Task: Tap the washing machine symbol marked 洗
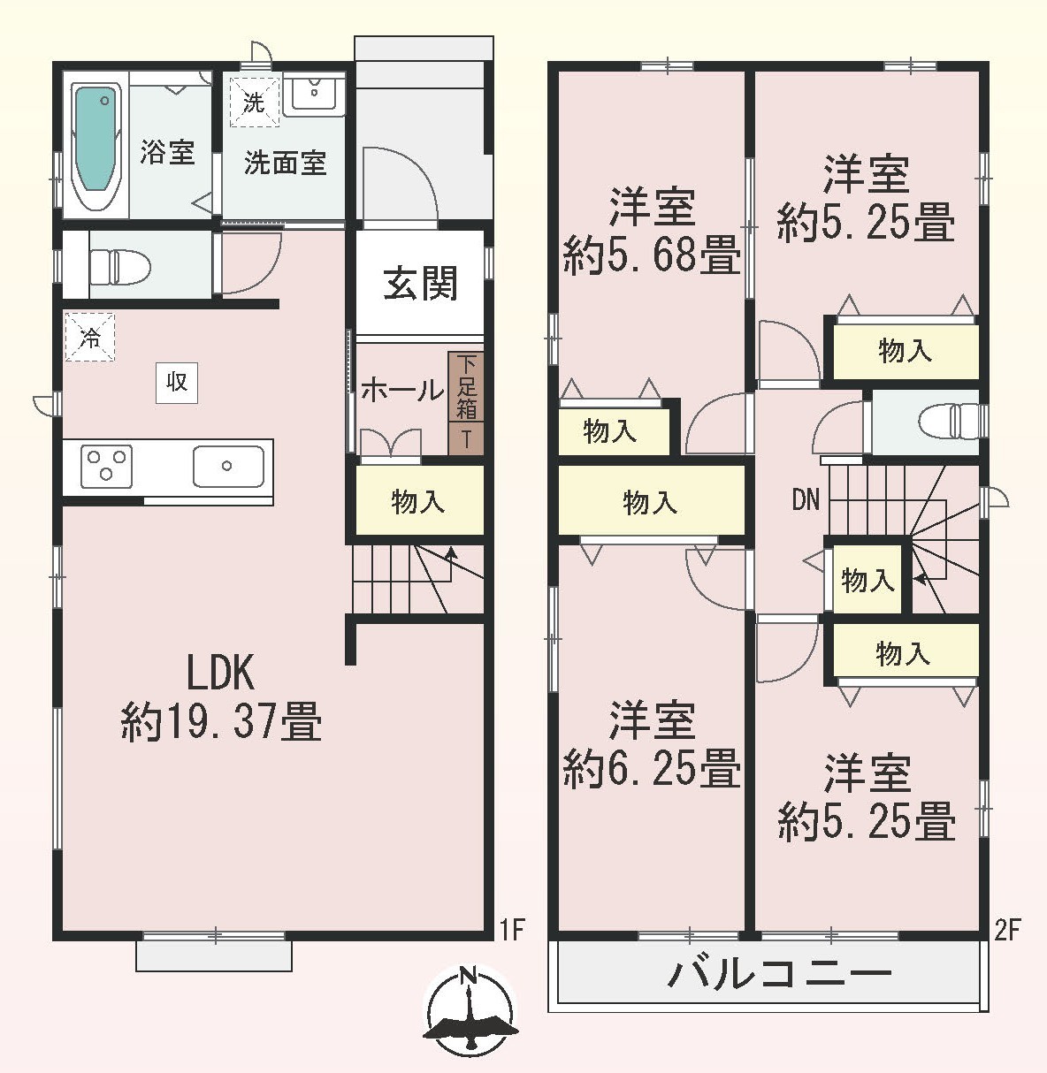(255, 102)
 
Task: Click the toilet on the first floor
(119, 264)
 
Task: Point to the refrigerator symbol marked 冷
(90, 337)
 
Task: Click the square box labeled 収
(177, 383)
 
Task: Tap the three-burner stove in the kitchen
(106, 467)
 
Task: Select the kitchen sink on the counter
(228, 467)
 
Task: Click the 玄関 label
(420, 284)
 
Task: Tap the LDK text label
(221, 673)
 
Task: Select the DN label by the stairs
(806, 500)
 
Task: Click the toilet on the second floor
(948, 422)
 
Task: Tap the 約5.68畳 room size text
(652, 255)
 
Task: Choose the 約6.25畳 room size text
(652, 767)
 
